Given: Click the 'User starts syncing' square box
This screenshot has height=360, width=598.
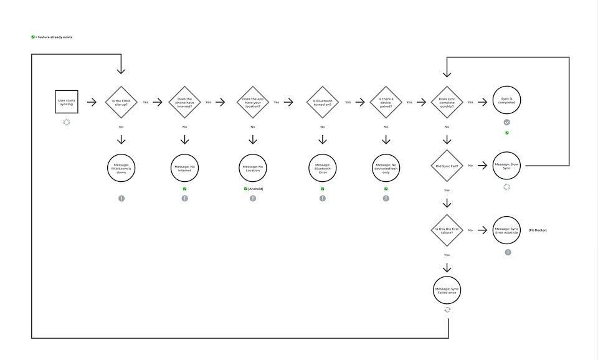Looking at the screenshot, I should click(x=65, y=102).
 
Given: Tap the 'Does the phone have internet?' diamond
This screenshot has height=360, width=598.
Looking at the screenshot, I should click(x=184, y=102).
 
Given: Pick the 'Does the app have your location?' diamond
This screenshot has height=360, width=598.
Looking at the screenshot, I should click(x=253, y=102).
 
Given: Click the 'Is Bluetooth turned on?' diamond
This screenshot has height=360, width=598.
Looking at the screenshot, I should click(x=322, y=102).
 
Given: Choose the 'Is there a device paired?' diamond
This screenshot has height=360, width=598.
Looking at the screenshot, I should click(x=386, y=102).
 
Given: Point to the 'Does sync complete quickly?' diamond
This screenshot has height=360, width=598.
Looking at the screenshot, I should click(x=447, y=102).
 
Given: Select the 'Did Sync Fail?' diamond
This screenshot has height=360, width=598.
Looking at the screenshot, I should click(x=447, y=166).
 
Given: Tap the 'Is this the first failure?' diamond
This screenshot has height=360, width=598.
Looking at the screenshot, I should click(x=447, y=230).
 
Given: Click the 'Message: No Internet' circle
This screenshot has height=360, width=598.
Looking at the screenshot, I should click(x=184, y=168).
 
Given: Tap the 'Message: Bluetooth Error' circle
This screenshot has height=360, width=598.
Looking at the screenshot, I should click(x=322, y=168).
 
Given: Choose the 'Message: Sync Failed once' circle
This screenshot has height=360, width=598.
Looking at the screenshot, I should click(x=447, y=290).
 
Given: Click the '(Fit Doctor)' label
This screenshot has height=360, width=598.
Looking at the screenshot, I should click(x=537, y=230).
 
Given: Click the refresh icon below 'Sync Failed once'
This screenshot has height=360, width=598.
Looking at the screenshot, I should click(x=447, y=310).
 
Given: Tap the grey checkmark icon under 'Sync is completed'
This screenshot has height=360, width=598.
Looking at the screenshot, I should click(x=506, y=123).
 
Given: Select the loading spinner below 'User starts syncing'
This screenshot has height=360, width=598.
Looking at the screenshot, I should click(x=66, y=122).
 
